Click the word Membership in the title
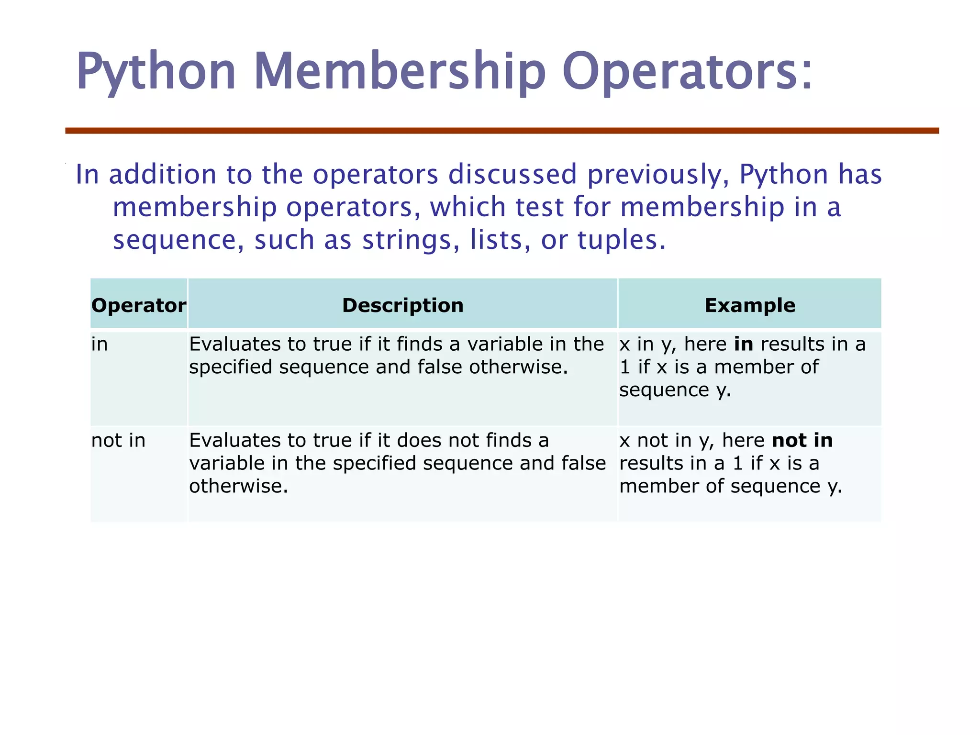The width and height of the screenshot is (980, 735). [x=400, y=72]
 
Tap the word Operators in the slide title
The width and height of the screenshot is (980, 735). [x=687, y=72]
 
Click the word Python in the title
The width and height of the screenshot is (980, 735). [x=156, y=72]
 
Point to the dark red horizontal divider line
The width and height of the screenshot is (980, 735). [x=502, y=131]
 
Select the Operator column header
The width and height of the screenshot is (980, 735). [x=139, y=305]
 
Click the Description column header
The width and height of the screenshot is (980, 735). [x=403, y=305]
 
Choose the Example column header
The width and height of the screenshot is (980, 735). [x=750, y=305]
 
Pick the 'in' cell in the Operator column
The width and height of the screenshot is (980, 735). [x=100, y=344]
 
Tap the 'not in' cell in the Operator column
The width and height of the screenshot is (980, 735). [x=118, y=440]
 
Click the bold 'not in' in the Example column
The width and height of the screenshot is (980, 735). [x=802, y=440]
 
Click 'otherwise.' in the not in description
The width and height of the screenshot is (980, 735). [x=239, y=486]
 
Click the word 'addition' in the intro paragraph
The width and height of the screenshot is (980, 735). [x=163, y=174]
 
